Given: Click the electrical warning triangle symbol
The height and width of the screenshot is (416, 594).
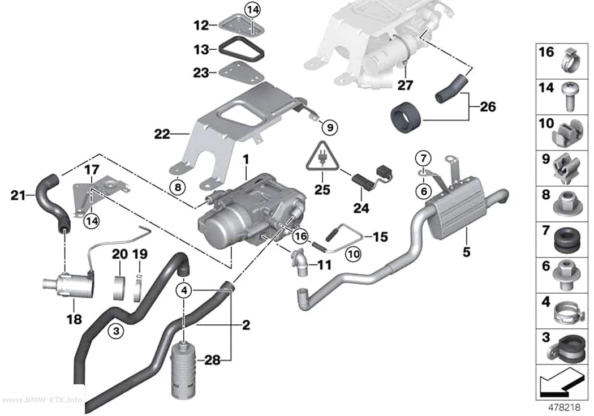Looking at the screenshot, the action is click(322, 156).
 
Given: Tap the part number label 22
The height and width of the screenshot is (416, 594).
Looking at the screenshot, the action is click(162, 134).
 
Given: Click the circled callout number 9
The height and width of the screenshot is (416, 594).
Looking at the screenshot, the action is click(330, 128).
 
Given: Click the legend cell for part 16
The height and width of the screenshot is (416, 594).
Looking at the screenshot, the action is click(561, 61).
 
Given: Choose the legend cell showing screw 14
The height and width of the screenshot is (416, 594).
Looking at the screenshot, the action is click(561, 97).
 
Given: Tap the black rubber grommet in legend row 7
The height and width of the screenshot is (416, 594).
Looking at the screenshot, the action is click(567, 240).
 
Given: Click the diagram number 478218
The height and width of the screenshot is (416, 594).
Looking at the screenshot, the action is click(565, 408).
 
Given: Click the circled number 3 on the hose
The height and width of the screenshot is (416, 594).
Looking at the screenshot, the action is click(116, 331).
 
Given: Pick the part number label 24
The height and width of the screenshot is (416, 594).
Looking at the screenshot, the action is click(361, 208).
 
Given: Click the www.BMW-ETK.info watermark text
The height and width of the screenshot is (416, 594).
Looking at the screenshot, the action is click(42, 400).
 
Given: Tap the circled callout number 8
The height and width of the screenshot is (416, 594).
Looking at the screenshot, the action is click(178, 186).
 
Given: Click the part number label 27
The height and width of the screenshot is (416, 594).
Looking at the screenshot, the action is click(404, 85).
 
